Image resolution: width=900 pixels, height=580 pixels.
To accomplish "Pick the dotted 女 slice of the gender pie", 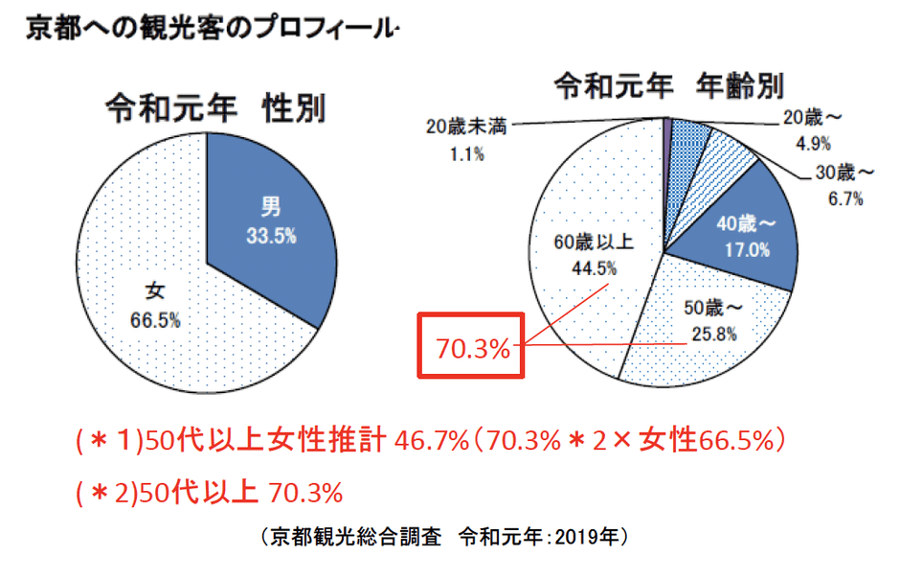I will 144,288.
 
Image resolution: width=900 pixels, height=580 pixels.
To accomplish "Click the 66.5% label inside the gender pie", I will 155,319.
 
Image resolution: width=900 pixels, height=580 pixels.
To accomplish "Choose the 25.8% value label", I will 713,334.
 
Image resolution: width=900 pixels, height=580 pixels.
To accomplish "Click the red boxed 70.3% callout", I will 473,348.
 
